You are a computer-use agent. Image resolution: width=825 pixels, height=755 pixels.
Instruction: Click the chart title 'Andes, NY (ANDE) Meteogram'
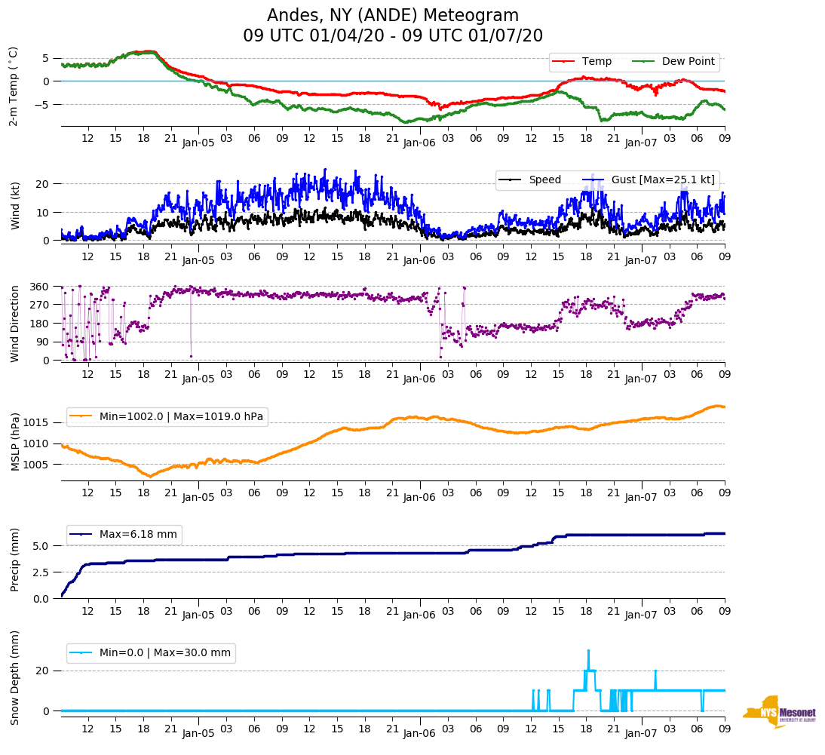pyautogui.click(x=393, y=16)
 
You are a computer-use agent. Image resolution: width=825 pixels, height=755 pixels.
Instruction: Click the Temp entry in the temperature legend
pyautogui.click(x=596, y=62)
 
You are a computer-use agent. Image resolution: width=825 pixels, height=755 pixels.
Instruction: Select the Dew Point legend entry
pyautogui.click(x=688, y=62)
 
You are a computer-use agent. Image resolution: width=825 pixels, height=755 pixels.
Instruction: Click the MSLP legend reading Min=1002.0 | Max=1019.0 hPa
pyautogui.click(x=182, y=416)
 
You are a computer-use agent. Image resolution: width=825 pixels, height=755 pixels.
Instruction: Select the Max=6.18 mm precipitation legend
pyautogui.click(x=138, y=535)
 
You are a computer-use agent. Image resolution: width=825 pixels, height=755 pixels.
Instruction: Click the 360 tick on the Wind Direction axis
pyautogui.click(x=41, y=287)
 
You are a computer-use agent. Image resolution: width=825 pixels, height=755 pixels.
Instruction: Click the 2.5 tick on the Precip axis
pyautogui.click(x=43, y=572)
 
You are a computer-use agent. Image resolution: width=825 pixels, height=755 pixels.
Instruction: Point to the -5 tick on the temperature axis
pyautogui.click(x=45, y=104)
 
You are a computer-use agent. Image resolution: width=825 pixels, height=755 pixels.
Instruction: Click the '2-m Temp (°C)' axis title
pyautogui.click(x=14, y=86)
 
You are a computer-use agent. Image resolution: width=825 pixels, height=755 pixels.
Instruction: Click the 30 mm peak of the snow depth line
pyautogui.click(x=588, y=650)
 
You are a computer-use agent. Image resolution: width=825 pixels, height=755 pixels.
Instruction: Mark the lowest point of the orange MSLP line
pyautogui.click(x=150, y=476)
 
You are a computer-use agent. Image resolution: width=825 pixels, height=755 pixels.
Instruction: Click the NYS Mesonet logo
pyautogui.click(x=778, y=712)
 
